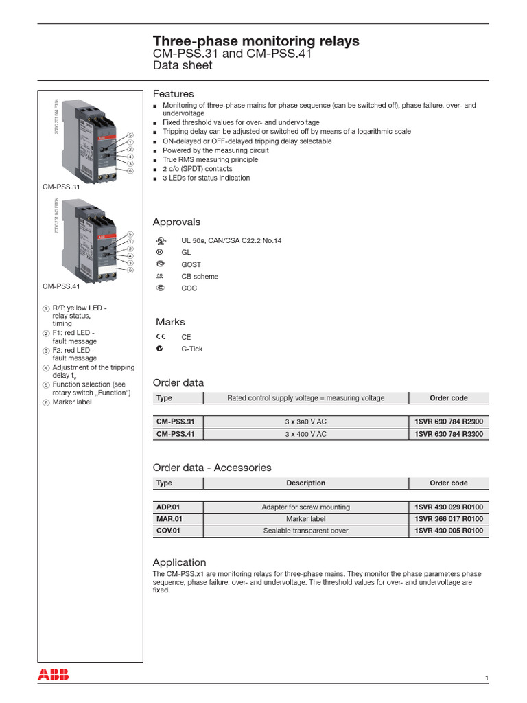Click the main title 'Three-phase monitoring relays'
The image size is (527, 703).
pos(255,41)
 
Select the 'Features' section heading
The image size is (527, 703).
pos(173,93)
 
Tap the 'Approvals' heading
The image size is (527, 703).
pos(176,222)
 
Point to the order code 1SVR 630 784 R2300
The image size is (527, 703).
pos(449,421)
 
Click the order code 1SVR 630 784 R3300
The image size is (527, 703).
pos(449,434)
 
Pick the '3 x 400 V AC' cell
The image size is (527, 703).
pos(305,434)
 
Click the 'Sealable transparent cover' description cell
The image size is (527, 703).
pos(305,531)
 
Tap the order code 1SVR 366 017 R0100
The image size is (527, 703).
pos(449,519)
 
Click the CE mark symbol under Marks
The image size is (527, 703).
pos(160,337)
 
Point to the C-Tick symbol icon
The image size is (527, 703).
pos(160,349)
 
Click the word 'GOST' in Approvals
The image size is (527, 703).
pos(191,264)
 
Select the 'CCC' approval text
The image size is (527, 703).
pos(189,288)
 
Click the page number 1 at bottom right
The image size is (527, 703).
pos(487,678)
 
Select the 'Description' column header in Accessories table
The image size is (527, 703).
pos(305,483)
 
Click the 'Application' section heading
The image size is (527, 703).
pos(179,562)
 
